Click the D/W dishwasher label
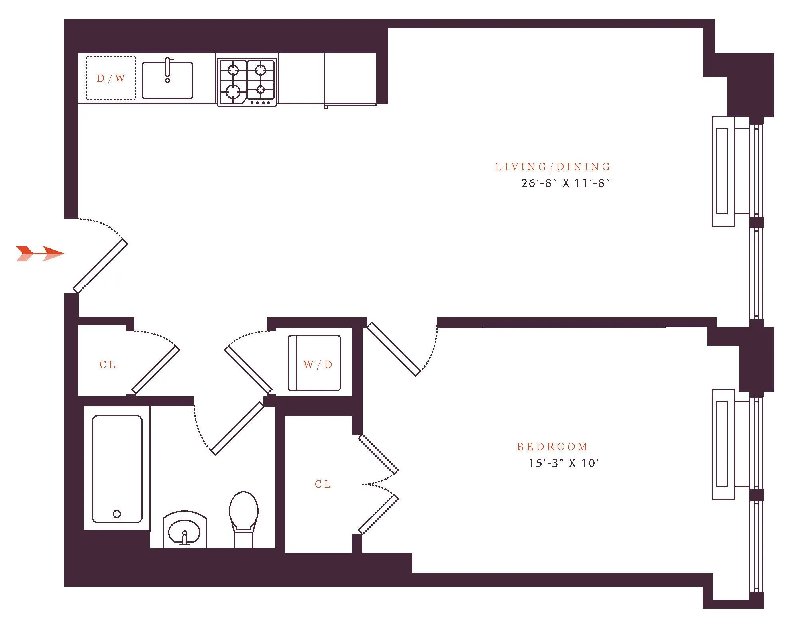point(111,78)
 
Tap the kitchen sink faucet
point(168,70)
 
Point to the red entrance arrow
point(40,253)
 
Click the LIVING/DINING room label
point(552,167)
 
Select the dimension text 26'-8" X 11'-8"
point(566,183)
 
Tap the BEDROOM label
point(552,447)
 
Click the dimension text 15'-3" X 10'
point(564,463)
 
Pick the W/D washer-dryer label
point(318,364)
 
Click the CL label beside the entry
point(108,364)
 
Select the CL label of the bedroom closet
point(323,484)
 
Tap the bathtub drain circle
point(117,514)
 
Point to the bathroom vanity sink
point(185,530)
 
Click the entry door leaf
point(100,266)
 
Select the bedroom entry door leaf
point(394,349)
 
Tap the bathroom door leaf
point(238,428)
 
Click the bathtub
point(117,469)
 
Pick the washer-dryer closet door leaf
point(248,369)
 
